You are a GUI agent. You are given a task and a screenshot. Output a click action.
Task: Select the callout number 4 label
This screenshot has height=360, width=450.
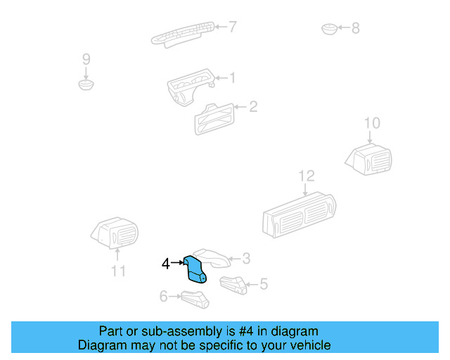click(166, 264)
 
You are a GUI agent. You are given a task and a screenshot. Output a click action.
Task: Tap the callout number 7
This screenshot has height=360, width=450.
click(232, 27)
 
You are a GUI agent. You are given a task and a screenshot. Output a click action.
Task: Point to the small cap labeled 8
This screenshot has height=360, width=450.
click(329, 29)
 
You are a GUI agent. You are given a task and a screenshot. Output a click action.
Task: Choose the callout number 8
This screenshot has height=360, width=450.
click(355, 28)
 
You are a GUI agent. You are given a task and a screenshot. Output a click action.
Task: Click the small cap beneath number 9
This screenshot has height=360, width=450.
click(86, 85)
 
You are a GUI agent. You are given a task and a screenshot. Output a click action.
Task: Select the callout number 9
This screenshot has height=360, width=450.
click(86, 59)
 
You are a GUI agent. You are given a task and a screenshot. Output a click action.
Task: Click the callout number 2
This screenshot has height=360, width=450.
click(253, 107)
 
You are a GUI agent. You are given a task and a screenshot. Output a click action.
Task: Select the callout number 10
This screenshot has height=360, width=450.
click(372, 124)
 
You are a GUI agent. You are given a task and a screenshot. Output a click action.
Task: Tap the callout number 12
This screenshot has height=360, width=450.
click(307, 176)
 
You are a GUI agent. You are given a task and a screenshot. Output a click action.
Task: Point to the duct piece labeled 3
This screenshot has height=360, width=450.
click(214, 257)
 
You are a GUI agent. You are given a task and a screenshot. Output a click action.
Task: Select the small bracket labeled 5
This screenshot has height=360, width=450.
click(233, 285)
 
